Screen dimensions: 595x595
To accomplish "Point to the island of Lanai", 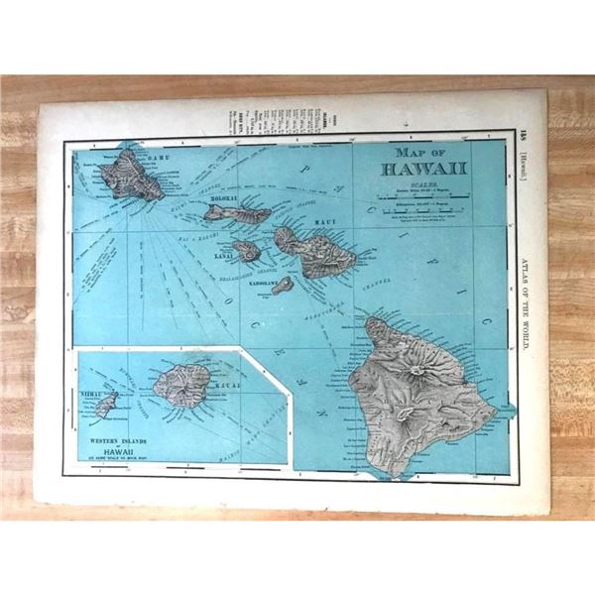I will pos(247,251).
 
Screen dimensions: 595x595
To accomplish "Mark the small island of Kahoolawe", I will pos(284,286).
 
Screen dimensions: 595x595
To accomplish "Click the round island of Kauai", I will pos(182,382).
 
